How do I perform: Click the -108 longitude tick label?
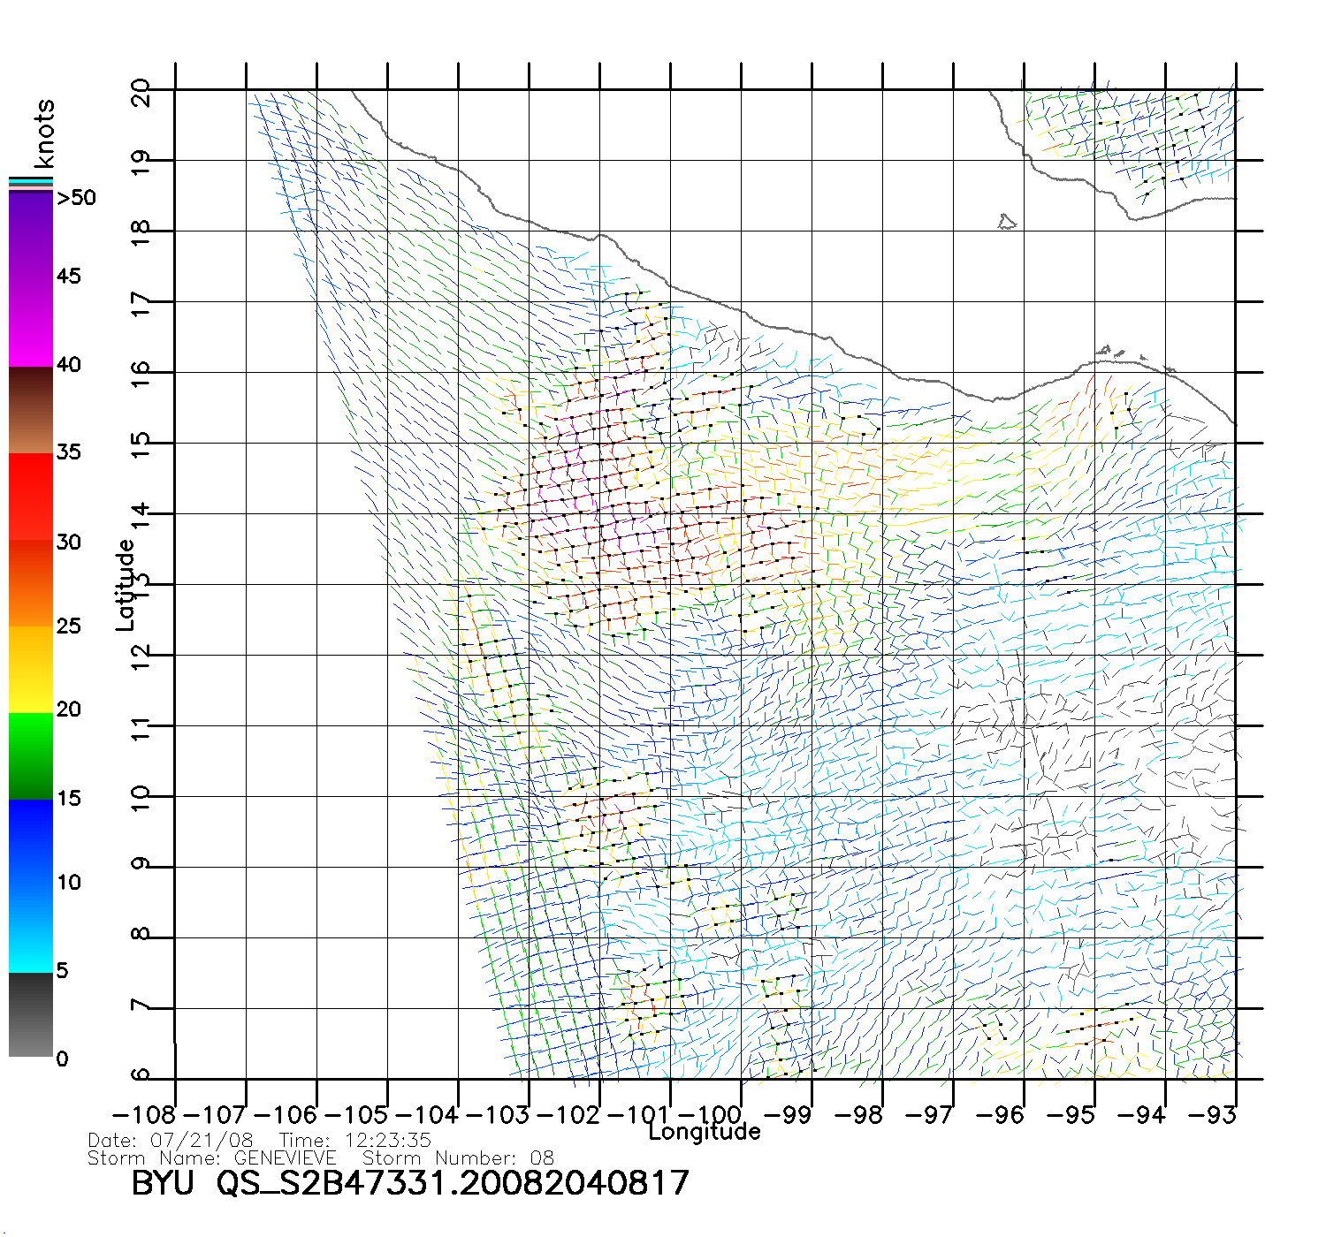coord(143,1115)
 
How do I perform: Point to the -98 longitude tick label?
coord(858,1115)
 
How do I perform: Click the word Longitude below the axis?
coord(705,1132)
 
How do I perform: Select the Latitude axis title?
coord(126,585)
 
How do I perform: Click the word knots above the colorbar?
coord(44,133)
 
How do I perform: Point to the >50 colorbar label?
coord(77,198)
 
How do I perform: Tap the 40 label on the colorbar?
coord(69,364)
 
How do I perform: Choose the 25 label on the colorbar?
coord(69,626)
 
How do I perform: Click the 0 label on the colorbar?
coord(62,1059)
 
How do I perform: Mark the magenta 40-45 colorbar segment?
coord(31,323)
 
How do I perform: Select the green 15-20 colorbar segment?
coord(31,755)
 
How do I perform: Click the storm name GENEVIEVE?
coord(285,1158)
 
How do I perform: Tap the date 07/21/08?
coord(202,1141)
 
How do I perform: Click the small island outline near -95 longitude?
coord(1007,221)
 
